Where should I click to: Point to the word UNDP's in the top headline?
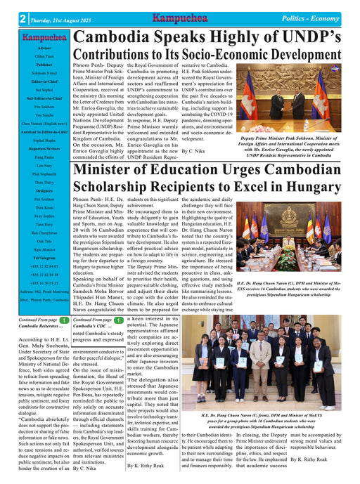point(307,39)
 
